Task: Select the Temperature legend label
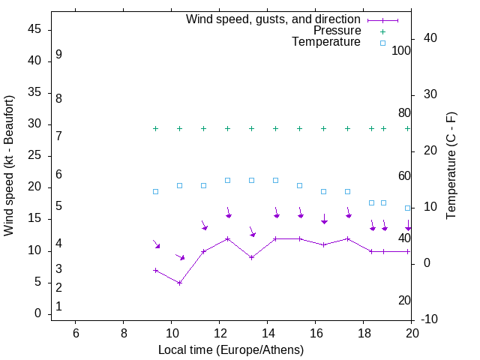tap(326, 43)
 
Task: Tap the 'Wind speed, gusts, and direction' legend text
tap(274, 19)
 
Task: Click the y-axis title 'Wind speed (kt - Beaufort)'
tap(9, 166)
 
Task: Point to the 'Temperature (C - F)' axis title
tap(451, 166)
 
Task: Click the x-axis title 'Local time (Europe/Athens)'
tap(231, 349)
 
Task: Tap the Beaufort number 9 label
tap(58, 55)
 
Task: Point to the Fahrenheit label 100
tap(402, 50)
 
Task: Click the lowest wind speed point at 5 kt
tap(179, 283)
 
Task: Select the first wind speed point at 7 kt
tap(155, 270)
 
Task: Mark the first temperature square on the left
tap(155, 191)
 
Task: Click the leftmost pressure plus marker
tap(155, 128)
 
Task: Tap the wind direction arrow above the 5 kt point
tap(180, 256)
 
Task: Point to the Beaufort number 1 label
tap(58, 307)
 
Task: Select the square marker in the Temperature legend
tap(382, 43)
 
